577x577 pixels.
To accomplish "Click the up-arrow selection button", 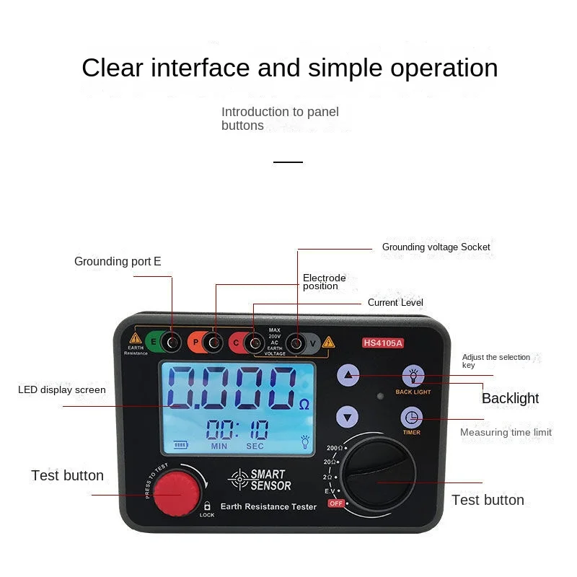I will pos(348,375).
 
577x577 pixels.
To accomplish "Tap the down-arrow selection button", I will pos(348,417).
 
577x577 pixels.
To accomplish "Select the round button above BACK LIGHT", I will pos(413,375).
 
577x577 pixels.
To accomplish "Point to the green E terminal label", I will pos(154,343).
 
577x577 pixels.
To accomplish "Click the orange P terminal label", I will pos(195,343).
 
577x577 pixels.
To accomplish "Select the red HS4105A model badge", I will pos(382,343).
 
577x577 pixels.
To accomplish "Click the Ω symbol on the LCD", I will pos(304,405).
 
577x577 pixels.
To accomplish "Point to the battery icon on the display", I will pos(177,444).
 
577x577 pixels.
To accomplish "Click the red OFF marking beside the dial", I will pos(335,503).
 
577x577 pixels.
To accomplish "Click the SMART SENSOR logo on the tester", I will pos(260,480).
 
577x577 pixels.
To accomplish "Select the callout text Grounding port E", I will pos(118,261).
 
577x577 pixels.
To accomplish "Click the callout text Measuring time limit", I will pos(506,432).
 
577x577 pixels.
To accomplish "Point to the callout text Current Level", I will pos(395,302).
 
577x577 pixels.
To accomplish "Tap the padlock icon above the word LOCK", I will pos(206,506).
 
